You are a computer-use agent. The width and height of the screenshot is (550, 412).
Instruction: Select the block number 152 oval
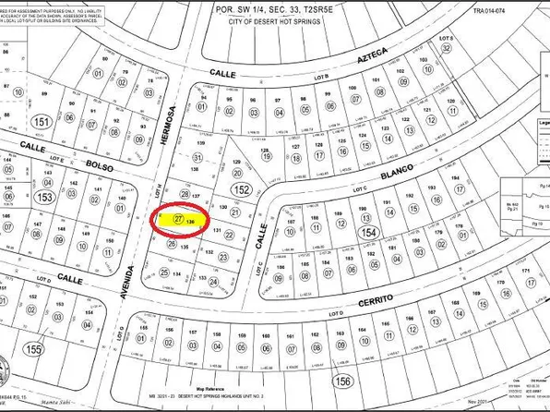242,188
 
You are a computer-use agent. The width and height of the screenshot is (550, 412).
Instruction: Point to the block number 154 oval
370,233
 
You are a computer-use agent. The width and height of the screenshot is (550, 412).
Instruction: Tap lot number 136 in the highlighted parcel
190,223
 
